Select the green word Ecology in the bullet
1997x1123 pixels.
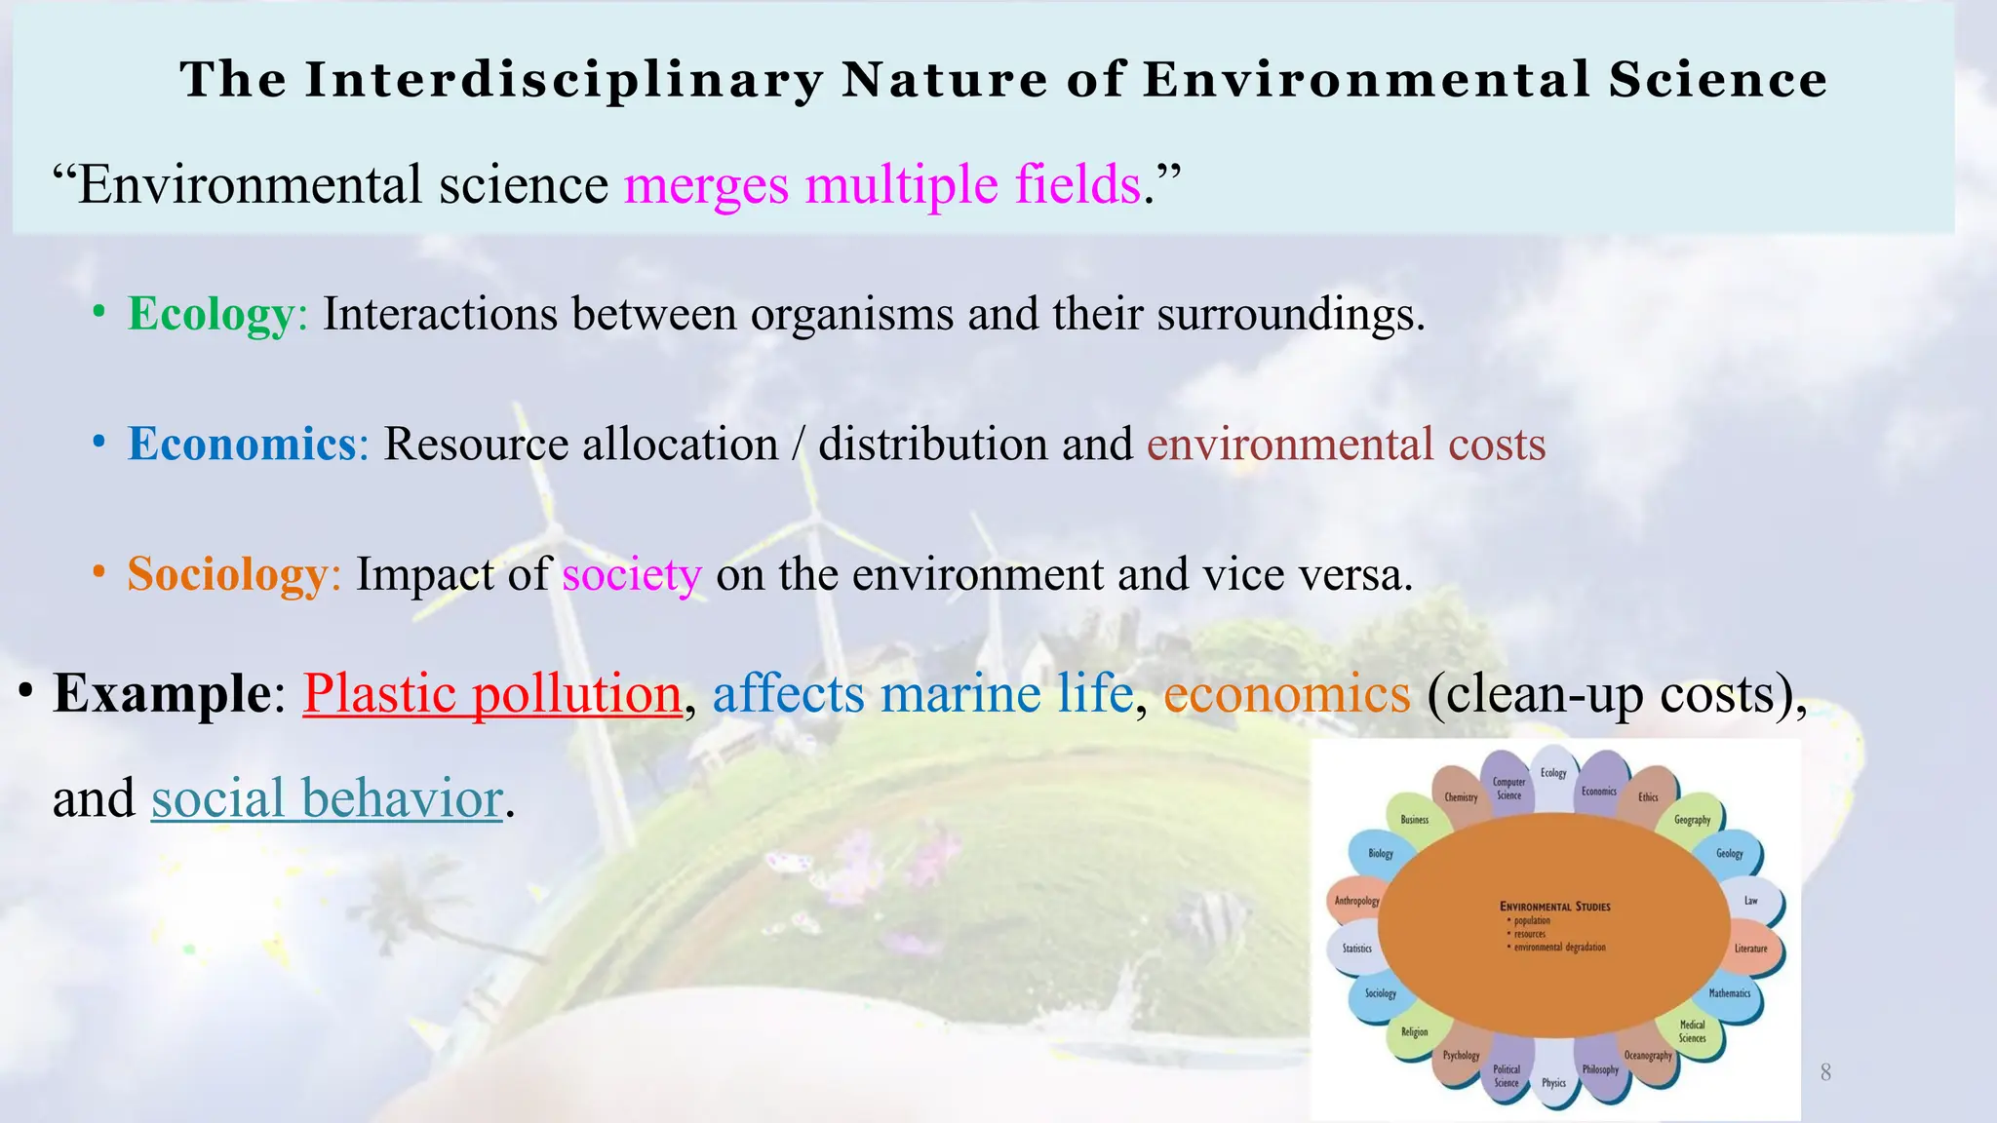point(211,314)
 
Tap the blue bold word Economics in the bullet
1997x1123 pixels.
point(241,445)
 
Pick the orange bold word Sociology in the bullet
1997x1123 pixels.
point(227,574)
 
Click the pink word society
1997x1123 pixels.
point(631,574)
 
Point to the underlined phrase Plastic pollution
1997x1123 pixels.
point(491,694)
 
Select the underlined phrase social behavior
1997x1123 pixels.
point(327,798)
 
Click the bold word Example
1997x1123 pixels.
point(162,694)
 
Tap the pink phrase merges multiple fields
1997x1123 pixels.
point(881,184)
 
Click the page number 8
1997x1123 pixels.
point(1825,1073)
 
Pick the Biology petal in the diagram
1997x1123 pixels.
point(1380,854)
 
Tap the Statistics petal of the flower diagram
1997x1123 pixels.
point(1356,949)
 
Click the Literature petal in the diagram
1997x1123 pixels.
point(1751,949)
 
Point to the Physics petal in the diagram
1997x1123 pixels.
point(1553,1083)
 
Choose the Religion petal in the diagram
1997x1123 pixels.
point(1414,1031)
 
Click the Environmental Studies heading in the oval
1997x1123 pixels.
point(1554,907)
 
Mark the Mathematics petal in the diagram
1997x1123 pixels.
point(1730,993)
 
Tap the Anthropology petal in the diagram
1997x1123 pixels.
point(1356,901)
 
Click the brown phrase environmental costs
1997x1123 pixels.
point(1346,445)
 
